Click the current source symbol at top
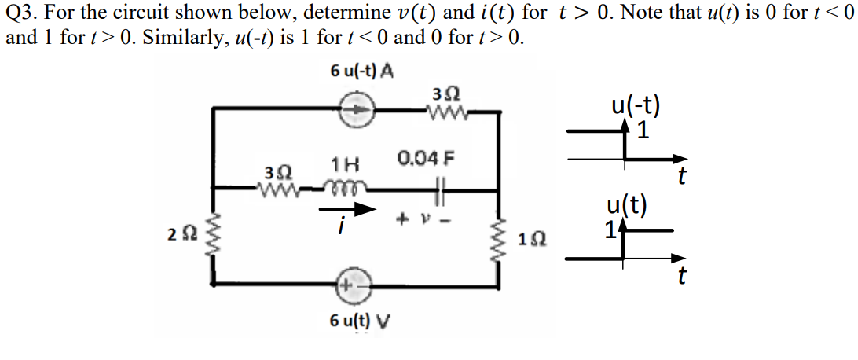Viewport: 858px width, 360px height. click(x=358, y=112)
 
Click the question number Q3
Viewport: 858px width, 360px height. click(x=21, y=13)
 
